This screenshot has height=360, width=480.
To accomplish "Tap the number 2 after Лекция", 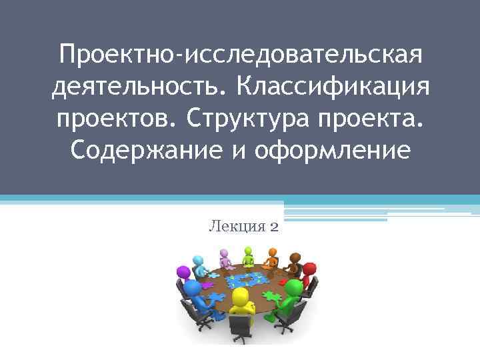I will (275, 227).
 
